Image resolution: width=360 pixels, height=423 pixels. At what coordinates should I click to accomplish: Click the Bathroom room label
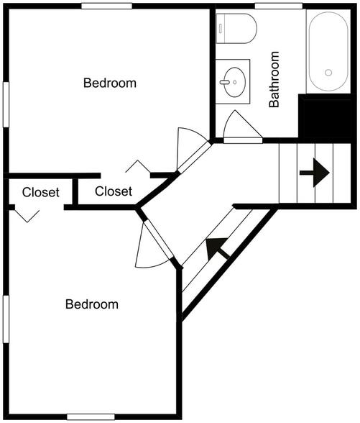274,79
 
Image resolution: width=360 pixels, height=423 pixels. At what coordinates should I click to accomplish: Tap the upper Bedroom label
110,83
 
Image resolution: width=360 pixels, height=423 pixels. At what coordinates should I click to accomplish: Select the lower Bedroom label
92,304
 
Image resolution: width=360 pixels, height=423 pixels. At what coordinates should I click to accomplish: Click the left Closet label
41,192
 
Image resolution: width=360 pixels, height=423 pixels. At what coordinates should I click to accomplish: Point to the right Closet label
114,191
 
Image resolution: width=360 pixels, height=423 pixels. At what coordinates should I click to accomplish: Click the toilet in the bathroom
236,28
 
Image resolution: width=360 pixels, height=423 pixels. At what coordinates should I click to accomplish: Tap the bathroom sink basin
235,82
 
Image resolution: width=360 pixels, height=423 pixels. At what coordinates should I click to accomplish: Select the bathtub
328,51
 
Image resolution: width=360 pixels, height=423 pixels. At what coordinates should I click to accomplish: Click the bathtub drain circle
328,72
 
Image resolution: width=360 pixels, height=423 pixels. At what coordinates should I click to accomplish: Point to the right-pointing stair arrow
315,173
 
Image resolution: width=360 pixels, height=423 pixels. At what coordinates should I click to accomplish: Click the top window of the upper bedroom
106,6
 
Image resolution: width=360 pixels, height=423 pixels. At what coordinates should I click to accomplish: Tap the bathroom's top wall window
279,6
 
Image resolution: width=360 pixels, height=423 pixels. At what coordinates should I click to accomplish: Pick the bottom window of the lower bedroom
91,417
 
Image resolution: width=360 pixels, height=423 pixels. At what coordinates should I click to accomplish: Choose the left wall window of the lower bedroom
6,319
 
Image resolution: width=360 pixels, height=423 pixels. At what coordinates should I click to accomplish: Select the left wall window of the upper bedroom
6,104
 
